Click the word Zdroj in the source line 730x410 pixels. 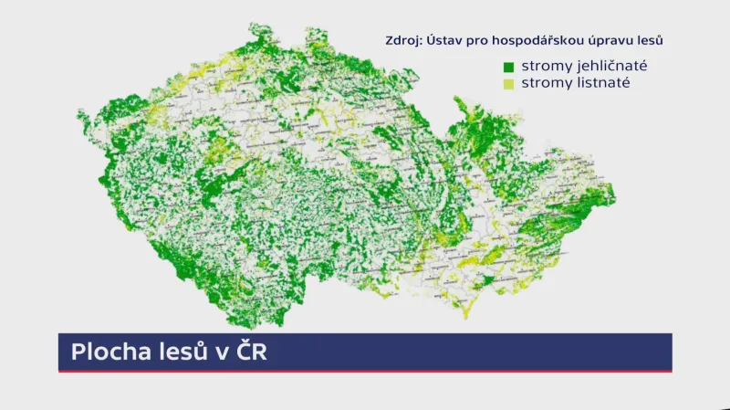pos(404,39)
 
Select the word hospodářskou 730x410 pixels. pos(532,39)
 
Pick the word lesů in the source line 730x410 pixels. pos(650,39)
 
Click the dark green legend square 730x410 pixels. pos(508,67)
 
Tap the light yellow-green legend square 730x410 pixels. pos(508,84)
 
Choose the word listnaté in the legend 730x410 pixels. pos(594,84)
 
